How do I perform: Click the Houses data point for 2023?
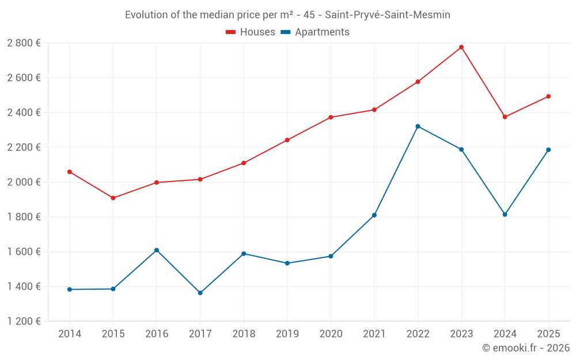pos(461,47)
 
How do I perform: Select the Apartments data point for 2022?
pos(418,126)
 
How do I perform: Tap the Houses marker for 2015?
pos(113,198)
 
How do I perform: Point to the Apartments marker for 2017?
pos(200,293)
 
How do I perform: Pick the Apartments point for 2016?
pos(157,250)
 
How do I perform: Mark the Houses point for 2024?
pos(505,117)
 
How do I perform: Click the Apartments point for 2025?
pos(548,150)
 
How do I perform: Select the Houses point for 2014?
pos(69,172)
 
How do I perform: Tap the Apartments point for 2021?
pos(374,215)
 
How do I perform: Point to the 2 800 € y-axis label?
pos(24,43)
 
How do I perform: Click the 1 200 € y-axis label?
pos(24,321)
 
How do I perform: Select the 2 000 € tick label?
pos(24,182)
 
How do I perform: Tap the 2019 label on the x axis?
pos(287,334)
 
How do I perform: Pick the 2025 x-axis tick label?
pos(548,334)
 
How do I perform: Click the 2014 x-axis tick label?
pos(69,334)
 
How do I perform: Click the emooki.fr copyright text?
pos(526,348)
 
